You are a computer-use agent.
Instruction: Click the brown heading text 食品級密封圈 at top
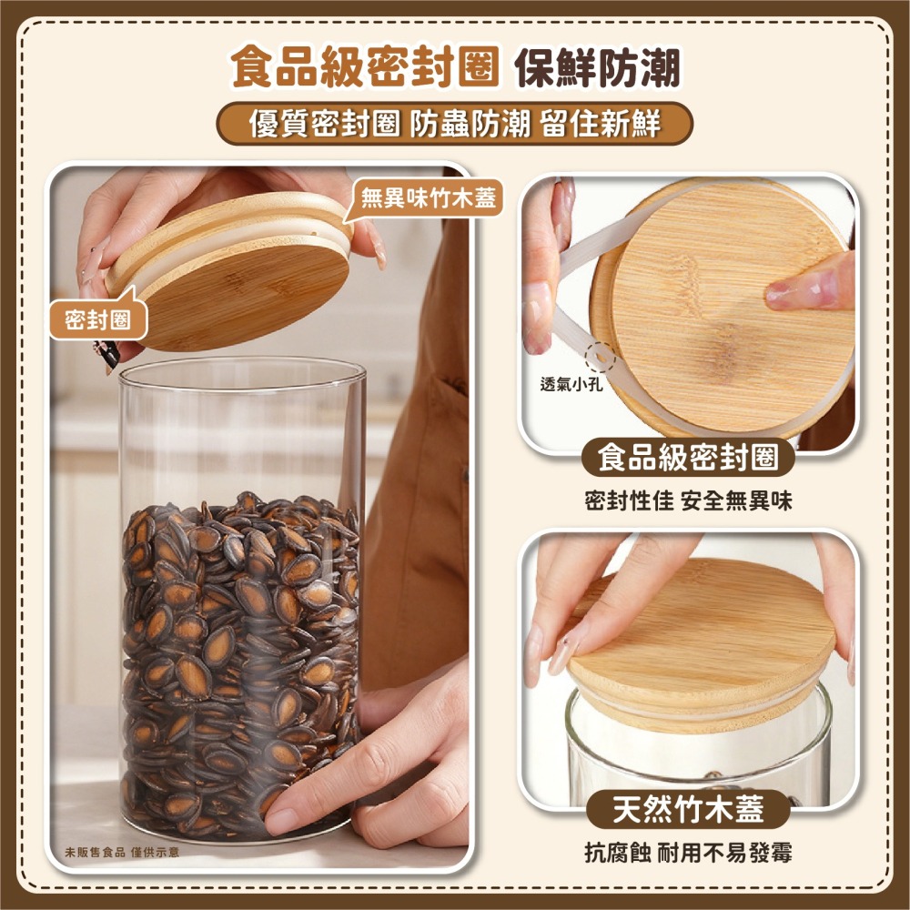tap(364, 69)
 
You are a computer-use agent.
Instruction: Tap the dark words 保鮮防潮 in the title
tap(597, 69)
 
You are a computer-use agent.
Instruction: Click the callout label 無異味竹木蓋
tap(428, 197)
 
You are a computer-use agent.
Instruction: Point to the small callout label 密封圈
tap(96, 319)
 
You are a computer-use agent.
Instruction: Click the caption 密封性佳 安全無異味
tap(688, 501)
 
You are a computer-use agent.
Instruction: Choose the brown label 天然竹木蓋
tap(688, 808)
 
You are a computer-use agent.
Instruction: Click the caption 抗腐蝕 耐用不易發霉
tap(688, 852)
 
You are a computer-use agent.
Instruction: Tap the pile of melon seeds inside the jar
tap(241, 655)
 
